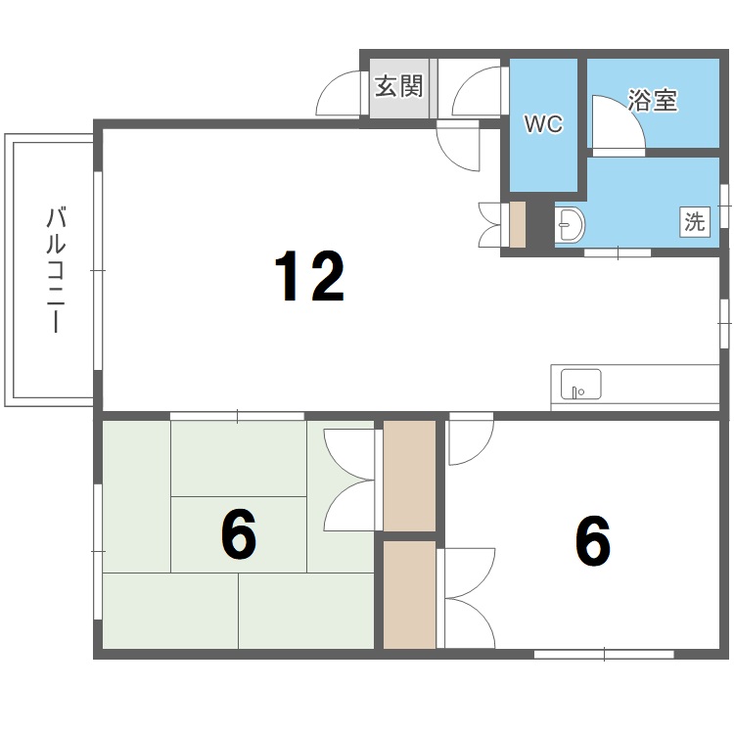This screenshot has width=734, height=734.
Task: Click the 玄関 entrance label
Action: pos(398,87)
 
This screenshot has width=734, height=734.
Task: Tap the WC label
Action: pos(543,124)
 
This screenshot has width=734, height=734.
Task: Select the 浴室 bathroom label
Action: pos(653,100)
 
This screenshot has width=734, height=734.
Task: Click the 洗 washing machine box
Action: pos(694,221)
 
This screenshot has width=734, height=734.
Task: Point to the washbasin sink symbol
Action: pos(570,225)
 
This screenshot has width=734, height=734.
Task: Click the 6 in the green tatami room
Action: pos(238,535)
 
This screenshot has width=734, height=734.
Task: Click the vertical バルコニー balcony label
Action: pos(55,270)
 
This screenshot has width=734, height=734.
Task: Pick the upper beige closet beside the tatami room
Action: pos(408,476)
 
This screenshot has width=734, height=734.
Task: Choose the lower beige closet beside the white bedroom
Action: pos(408,594)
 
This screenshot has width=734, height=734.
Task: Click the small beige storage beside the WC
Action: pos(517,224)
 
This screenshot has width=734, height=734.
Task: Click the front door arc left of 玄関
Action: pos(341,95)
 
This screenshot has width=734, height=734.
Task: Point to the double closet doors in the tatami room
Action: pos(348,481)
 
